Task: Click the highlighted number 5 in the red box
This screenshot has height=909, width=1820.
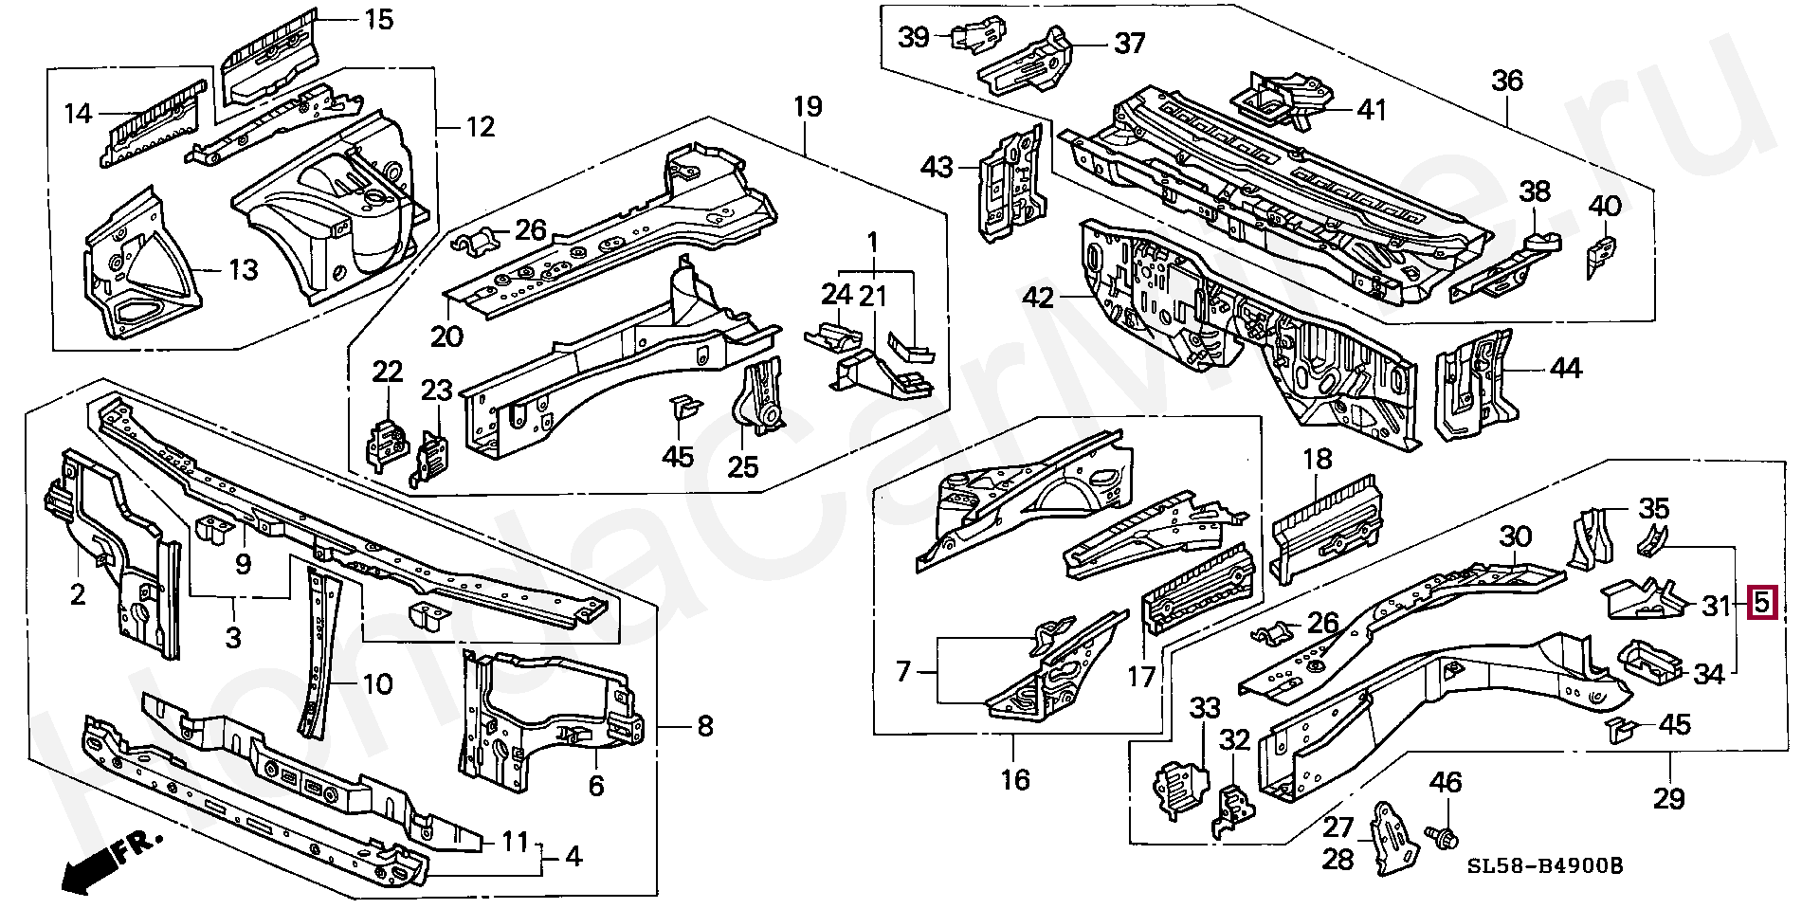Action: click(x=1761, y=603)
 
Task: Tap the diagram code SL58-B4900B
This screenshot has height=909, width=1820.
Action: click(x=1544, y=865)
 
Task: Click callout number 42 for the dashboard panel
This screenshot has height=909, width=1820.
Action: click(x=1038, y=299)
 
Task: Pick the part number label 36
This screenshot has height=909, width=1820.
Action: click(x=1507, y=81)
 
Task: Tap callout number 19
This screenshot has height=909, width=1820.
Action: click(x=807, y=106)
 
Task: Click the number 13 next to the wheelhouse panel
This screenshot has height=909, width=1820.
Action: click(x=243, y=270)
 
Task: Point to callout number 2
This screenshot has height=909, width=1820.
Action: click(x=78, y=593)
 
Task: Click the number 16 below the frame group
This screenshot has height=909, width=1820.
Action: click(x=1014, y=779)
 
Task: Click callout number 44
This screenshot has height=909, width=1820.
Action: click(x=1565, y=367)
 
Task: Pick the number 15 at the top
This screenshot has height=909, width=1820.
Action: click(x=378, y=19)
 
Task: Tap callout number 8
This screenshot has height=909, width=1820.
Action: click(x=705, y=727)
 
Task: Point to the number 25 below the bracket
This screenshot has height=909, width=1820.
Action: click(x=743, y=466)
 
